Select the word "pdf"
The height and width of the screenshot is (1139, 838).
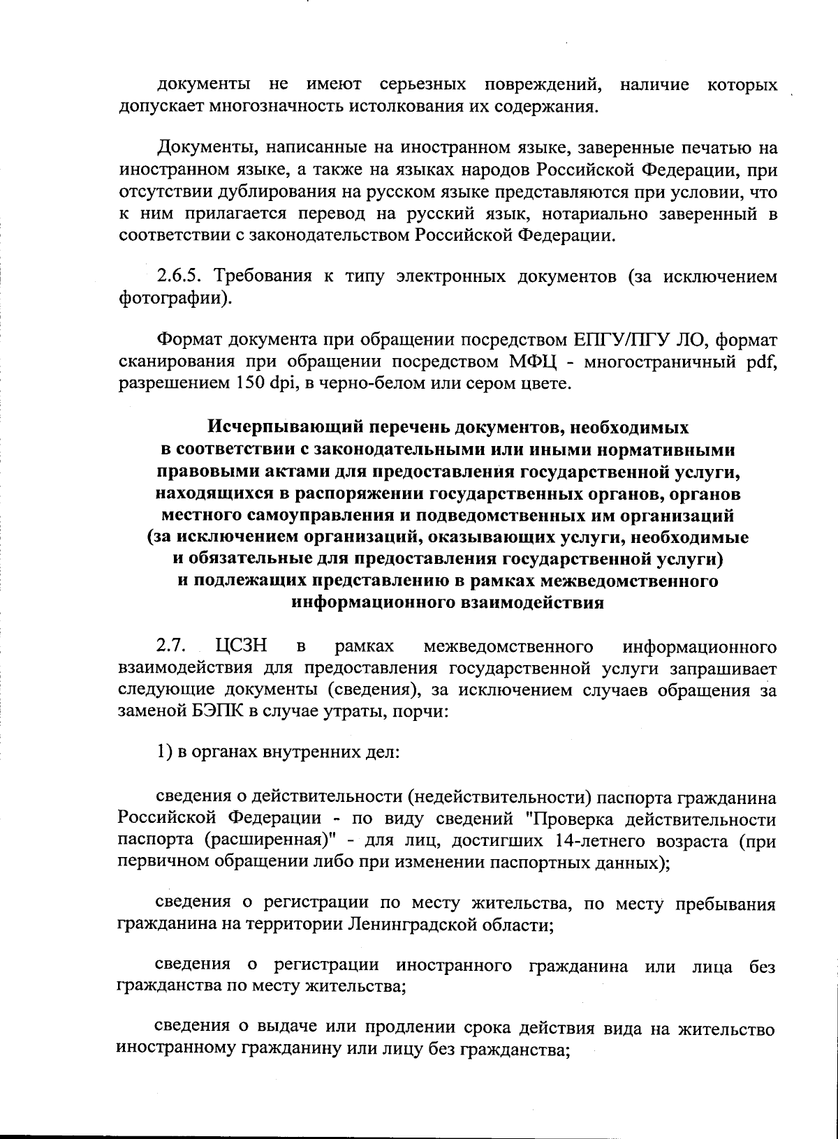pos(763,362)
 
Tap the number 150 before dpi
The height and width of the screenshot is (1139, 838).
pos(241,384)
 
